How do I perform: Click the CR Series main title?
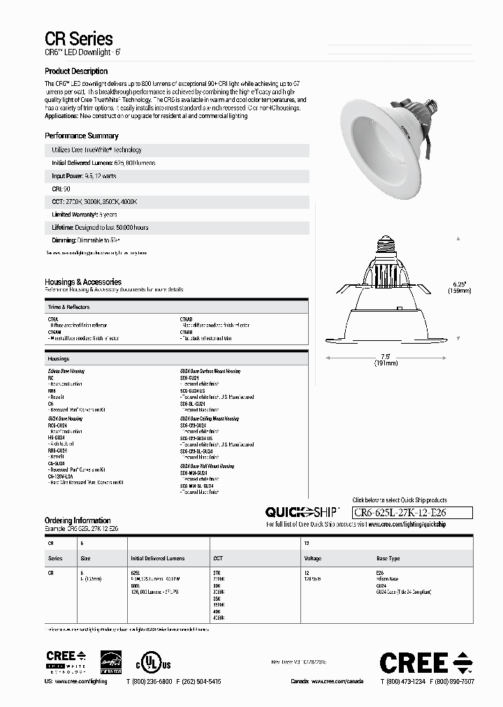point(78,39)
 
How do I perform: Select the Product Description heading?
point(76,71)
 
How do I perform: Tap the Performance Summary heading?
point(82,136)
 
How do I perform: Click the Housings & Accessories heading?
point(83,282)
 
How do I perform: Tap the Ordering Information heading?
point(78,520)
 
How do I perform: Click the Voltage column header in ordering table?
point(313,559)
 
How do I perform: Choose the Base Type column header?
point(388,559)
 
